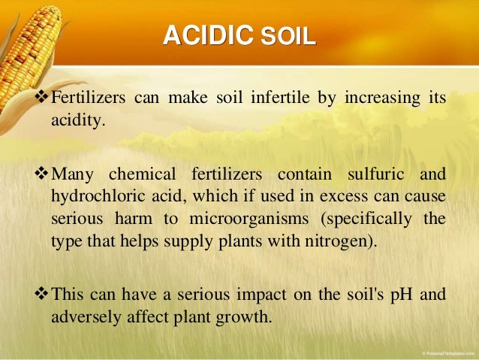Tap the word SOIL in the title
coord(288,36)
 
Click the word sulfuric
coord(374,175)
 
